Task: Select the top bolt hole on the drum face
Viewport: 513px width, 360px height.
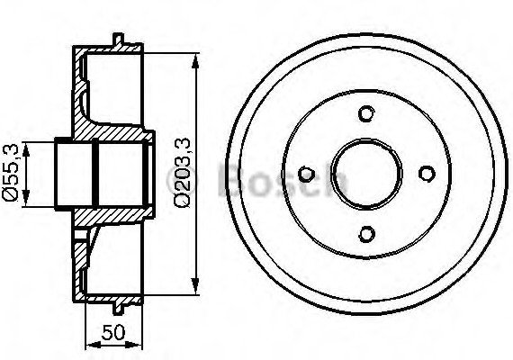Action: (365, 113)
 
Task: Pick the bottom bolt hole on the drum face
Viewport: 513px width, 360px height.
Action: (365, 234)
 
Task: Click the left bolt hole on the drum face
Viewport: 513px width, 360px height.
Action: (305, 174)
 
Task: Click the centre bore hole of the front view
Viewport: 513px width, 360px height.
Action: (365, 174)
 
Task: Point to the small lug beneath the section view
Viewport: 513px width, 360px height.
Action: (119, 309)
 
